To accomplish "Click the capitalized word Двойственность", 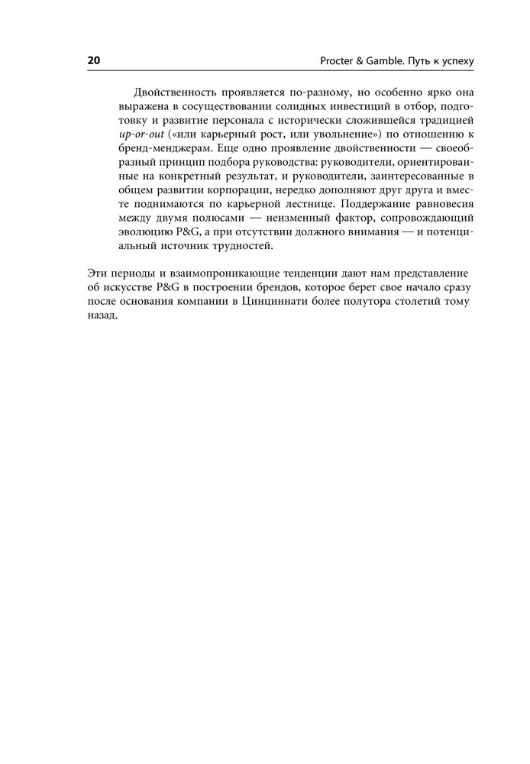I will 170,90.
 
